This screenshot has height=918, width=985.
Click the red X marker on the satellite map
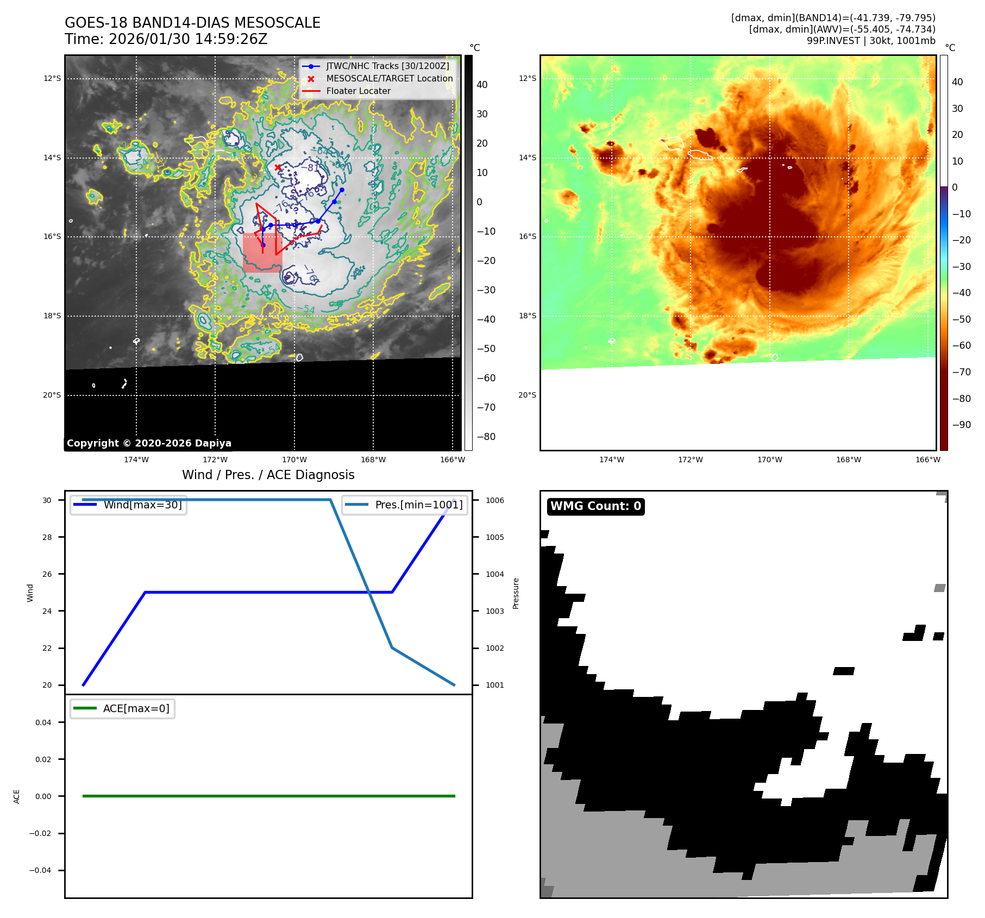pyautogui.click(x=278, y=167)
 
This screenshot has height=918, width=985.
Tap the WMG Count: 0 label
pyautogui.click(x=595, y=506)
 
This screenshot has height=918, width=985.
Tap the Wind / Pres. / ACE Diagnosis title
pyautogui.click(x=268, y=475)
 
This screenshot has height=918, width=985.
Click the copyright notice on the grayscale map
pyautogui.click(x=149, y=443)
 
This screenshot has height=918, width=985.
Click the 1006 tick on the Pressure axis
pyautogui.click(x=494, y=500)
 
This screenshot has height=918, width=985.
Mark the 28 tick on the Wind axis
pyautogui.click(x=47, y=537)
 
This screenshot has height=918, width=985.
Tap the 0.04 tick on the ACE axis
pyautogui.click(x=43, y=722)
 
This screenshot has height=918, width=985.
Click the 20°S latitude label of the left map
pyautogui.click(x=52, y=395)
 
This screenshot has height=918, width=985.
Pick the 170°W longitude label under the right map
pyautogui.click(x=769, y=460)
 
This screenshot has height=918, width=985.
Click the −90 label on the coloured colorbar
pyautogui.click(x=961, y=425)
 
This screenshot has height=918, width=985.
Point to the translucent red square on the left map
pyautogui.click(x=262, y=253)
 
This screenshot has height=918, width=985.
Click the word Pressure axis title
pyautogui.click(x=516, y=593)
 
